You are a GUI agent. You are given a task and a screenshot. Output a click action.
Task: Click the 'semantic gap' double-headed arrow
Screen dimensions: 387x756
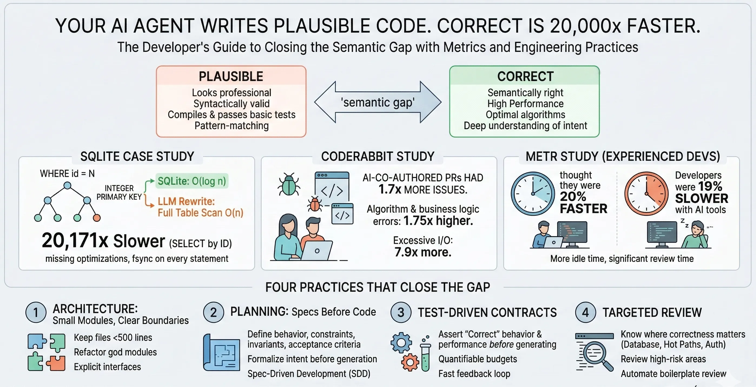tap(378, 102)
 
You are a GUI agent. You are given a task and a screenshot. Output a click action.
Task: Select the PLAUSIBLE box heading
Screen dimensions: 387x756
tap(231, 76)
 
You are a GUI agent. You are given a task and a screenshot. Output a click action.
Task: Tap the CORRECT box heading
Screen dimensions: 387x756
tap(525, 76)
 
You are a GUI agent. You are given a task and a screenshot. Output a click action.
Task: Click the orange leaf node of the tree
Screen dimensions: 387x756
tap(97, 218)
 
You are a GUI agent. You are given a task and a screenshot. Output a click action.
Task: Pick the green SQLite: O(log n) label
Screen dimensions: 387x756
tap(192, 181)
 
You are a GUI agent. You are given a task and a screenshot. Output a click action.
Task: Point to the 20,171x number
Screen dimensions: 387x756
tap(75, 241)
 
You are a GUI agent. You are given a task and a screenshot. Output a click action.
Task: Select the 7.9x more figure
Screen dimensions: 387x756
tap(422, 252)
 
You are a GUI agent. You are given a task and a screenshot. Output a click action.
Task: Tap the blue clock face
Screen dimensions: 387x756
tap(533, 194)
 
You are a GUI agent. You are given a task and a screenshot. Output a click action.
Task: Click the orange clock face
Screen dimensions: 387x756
tap(646, 194)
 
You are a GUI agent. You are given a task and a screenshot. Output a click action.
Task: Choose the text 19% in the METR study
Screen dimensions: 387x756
tap(710, 186)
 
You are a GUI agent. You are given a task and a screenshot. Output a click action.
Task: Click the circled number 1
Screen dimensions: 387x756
tap(36, 312)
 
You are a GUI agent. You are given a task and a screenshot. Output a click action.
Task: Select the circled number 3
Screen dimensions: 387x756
tap(401, 312)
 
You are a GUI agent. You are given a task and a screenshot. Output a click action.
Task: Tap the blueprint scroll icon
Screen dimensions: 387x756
tap(222, 353)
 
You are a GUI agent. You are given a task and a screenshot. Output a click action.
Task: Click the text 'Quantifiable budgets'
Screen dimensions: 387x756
tap(477, 359)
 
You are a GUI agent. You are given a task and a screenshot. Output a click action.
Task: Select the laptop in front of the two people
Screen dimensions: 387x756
tap(317, 251)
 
